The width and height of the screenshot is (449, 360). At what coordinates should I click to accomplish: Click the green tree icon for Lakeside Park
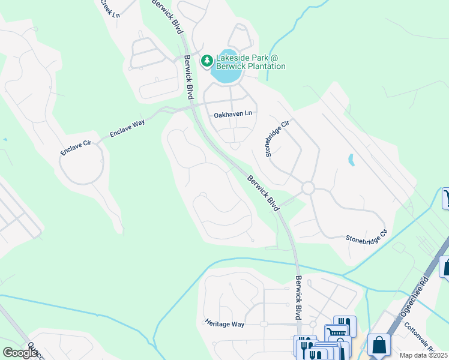coord(206,60)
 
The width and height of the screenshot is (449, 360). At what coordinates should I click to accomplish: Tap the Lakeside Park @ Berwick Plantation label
coord(250,62)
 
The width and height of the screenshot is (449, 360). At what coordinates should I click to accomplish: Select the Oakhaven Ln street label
coord(233,113)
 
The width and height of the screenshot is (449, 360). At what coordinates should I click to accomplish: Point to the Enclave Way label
coord(127,129)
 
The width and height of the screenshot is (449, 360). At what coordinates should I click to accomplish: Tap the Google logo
coord(20,353)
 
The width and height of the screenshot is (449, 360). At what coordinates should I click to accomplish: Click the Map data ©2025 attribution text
coord(424,355)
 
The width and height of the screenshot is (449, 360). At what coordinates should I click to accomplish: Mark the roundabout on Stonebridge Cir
coord(309,188)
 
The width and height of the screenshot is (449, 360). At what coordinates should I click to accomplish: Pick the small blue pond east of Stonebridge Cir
coord(351,160)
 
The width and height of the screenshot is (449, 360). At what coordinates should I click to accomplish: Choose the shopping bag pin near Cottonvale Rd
coord(379,345)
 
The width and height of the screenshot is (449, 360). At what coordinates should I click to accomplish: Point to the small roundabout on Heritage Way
coord(263,324)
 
